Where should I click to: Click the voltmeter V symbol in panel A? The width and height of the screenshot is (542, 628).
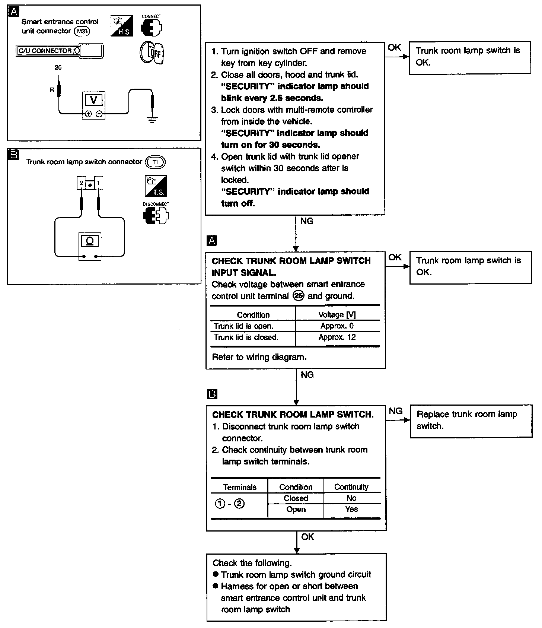coord(94,100)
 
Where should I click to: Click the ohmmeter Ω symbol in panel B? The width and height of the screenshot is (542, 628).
coord(90,241)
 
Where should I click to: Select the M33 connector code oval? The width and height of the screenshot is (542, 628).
coord(82,31)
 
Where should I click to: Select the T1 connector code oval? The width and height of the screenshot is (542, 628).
coord(155,162)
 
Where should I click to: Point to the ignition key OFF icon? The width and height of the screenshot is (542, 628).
coord(152,53)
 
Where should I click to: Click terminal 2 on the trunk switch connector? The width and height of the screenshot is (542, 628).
coord(81,184)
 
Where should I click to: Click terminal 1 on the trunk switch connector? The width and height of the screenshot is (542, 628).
coord(98,184)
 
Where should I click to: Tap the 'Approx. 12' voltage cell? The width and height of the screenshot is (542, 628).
coord(337,337)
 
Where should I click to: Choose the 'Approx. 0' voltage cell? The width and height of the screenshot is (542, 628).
coord(337,326)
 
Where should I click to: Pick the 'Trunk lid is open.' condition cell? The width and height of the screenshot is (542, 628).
coord(243,326)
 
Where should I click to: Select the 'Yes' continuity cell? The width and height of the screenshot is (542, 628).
coord(351,510)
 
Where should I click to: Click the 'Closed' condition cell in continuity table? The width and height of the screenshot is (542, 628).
coord(296,498)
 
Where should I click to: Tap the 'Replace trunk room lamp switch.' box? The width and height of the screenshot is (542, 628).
coord(471,421)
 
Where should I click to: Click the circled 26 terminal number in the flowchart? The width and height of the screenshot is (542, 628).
coord(299,296)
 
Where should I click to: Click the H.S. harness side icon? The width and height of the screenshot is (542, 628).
coord(121,26)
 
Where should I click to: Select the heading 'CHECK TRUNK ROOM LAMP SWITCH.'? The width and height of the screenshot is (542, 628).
coord(293,415)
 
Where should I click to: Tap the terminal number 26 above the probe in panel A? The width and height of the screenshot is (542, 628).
coord(58,67)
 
